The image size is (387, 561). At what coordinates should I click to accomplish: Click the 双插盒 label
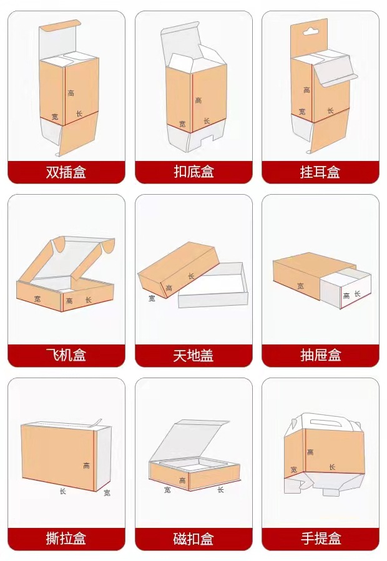tap(66, 172)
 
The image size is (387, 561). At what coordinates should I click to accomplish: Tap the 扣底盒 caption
tap(193, 172)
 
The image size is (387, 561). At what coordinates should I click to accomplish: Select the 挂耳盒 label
tap(320, 172)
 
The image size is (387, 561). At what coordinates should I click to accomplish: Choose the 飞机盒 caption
tap(66, 356)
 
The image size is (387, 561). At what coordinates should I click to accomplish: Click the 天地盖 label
tap(193, 356)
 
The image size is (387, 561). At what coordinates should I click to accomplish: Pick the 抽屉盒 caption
tap(320, 356)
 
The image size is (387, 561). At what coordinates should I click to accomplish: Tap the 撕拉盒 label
tap(66, 539)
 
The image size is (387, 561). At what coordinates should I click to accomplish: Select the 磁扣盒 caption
tap(193, 539)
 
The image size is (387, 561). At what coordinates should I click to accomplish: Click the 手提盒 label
tap(320, 539)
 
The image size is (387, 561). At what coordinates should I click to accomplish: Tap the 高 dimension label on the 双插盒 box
tap(71, 93)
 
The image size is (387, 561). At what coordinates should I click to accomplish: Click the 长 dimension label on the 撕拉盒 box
tap(62, 491)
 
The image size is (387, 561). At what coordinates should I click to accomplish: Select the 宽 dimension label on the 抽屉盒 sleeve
tap(300, 286)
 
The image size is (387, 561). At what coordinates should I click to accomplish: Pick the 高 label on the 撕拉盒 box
tap(86, 466)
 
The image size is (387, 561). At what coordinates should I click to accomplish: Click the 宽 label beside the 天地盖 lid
tap(152, 298)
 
